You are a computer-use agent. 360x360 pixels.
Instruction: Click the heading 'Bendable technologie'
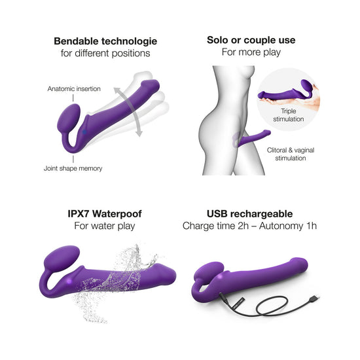[105, 41]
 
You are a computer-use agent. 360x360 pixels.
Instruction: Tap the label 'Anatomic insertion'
[74, 88]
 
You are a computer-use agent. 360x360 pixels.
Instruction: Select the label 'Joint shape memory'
[73, 168]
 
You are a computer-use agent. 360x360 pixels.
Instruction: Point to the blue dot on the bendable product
[84, 132]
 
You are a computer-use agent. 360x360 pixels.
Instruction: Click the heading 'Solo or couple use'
[251, 40]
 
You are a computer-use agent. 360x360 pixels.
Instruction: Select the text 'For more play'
[251, 52]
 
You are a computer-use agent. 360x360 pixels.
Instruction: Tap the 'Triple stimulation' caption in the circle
[289, 115]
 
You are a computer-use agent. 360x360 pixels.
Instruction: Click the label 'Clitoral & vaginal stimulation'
[291, 154]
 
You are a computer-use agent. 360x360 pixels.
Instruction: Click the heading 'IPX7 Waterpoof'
[105, 214]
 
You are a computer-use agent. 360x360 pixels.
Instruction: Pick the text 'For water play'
[105, 226]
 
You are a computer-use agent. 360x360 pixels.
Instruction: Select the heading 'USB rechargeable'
[249, 214]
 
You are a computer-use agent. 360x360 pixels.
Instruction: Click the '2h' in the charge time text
[243, 226]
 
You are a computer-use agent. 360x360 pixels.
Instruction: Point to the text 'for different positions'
[105, 53]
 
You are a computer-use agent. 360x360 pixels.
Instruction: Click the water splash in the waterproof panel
[115, 282]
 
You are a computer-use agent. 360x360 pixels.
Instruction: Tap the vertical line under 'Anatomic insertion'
[73, 98]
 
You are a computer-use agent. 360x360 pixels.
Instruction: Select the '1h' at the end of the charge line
[312, 226]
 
